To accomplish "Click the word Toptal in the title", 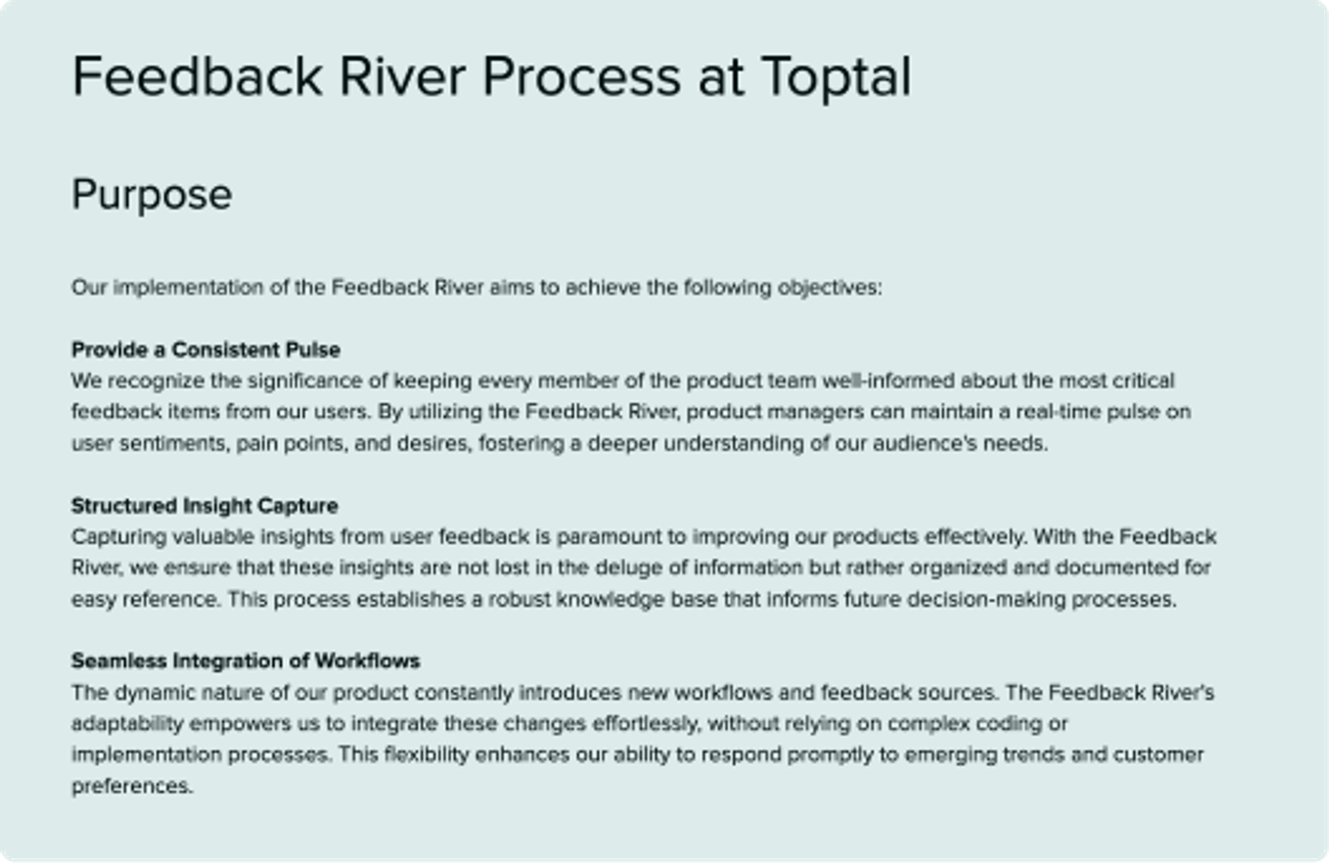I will (x=836, y=77).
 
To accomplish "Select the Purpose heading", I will (x=151, y=195).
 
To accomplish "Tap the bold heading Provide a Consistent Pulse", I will (x=205, y=349).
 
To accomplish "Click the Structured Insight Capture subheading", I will (x=205, y=506).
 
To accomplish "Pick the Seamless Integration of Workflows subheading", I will (x=245, y=661).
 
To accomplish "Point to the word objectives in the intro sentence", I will (x=828, y=287).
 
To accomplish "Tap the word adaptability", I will (x=127, y=723).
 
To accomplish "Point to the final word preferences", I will (x=131, y=786).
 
